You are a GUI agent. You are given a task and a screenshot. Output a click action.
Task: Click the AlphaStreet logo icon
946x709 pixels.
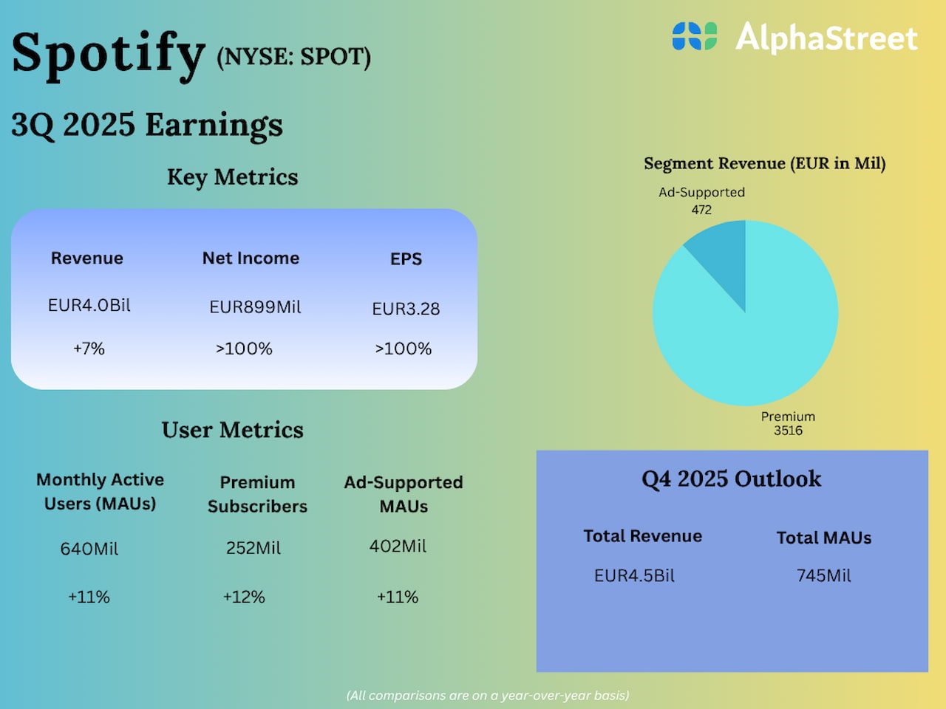(x=694, y=36)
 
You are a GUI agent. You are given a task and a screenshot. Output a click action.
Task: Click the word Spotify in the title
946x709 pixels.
(x=108, y=53)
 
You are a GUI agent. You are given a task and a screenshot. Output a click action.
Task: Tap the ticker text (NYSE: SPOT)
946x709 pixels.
(x=293, y=57)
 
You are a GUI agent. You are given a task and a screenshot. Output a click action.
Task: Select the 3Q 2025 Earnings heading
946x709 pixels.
(x=147, y=125)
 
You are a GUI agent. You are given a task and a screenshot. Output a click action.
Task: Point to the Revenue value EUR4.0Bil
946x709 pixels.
(x=89, y=306)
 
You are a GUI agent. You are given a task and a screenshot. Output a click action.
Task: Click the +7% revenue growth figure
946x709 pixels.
(x=89, y=349)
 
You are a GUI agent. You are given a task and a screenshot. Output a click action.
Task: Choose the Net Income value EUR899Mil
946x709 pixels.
(x=255, y=307)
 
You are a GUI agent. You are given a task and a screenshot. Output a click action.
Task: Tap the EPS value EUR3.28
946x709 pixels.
(x=406, y=309)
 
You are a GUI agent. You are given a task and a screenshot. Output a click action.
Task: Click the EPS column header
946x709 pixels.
(x=406, y=259)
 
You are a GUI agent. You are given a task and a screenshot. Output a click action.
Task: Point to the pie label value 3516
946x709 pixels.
(x=788, y=431)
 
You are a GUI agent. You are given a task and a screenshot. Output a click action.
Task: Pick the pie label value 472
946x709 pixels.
(x=701, y=210)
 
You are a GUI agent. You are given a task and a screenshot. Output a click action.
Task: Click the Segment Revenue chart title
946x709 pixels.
(x=764, y=163)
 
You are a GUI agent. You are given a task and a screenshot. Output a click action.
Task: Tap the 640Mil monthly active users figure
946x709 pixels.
(x=89, y=549)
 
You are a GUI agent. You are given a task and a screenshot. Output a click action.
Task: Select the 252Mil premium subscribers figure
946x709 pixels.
(x=253, y=548)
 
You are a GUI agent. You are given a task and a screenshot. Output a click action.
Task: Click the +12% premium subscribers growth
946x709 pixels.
(x=244, y=597)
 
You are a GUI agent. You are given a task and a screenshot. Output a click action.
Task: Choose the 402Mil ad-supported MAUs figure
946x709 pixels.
(x=398, y=547)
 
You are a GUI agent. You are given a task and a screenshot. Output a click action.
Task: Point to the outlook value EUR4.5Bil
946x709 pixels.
(x=634, y=576)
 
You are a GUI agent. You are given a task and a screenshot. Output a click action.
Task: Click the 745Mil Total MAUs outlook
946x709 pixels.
(x=823, y=576)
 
